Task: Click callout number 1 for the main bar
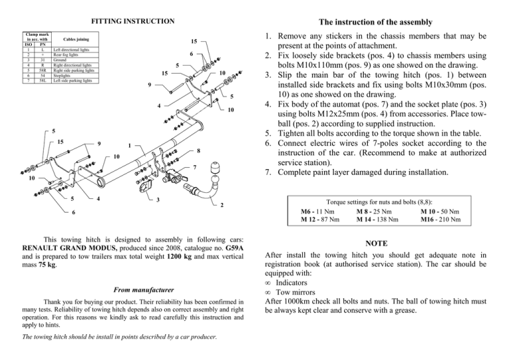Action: (x=130, y=147)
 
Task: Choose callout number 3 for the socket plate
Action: (x=158, y=200)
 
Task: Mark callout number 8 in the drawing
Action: (x=199, y=151)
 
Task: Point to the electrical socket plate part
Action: (x=145, y=188)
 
